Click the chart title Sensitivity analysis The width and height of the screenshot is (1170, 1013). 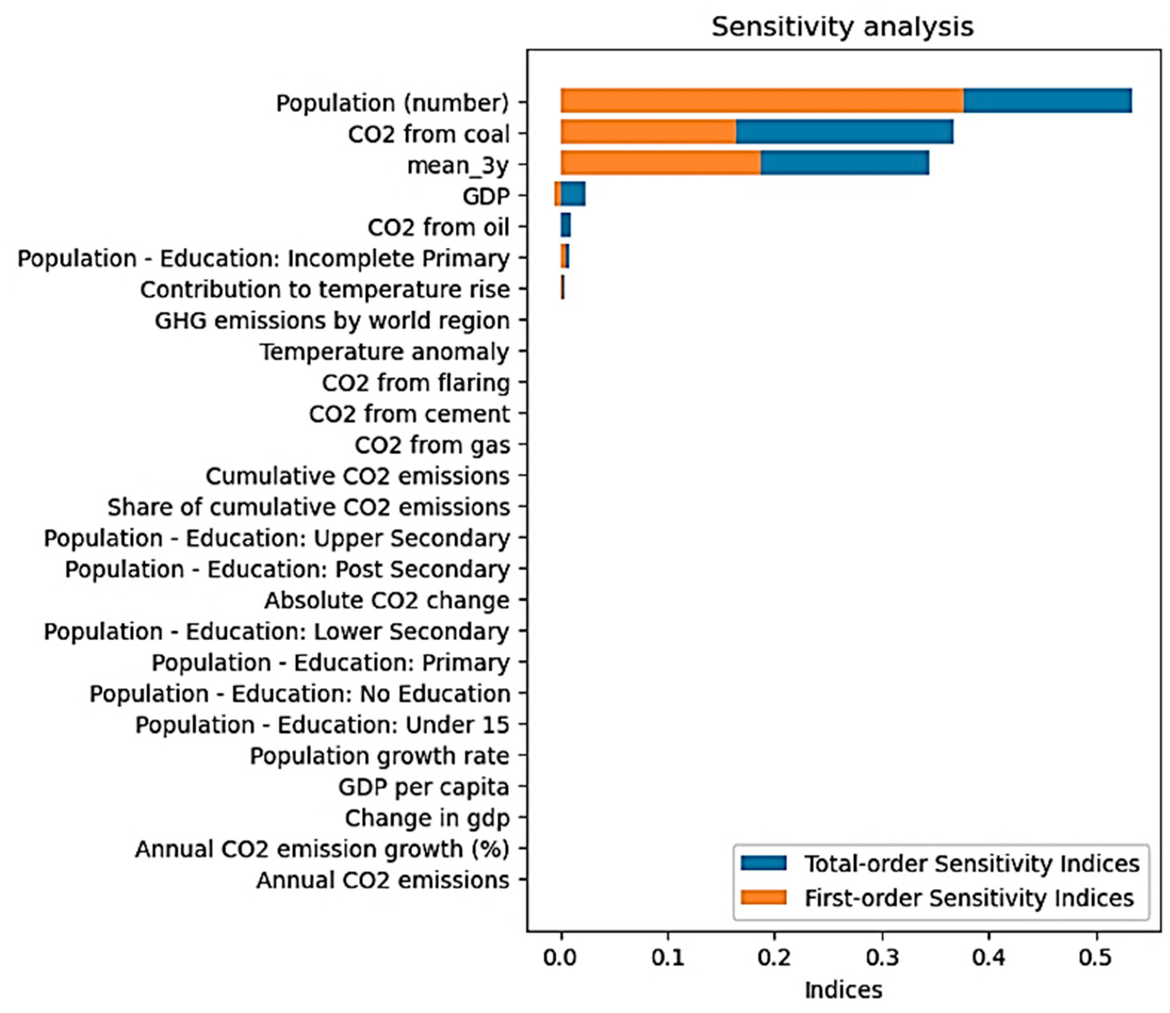tap(842, 26)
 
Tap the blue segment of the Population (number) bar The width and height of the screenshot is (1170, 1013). tap(1047, 101)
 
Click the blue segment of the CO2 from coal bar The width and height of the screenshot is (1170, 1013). tap(844, 132)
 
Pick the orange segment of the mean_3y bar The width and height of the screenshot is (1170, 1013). tap(660, 163)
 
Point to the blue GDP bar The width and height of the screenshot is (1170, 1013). tap(573, 194)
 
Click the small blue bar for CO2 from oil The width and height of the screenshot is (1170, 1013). tap(566, 225)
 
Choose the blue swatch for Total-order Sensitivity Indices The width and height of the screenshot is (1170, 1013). tap(763, 862)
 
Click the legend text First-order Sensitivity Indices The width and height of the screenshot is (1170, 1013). tap(969, 897)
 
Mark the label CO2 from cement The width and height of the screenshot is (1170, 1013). tap(409, 414)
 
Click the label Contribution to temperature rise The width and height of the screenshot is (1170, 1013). tap(325, 290)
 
